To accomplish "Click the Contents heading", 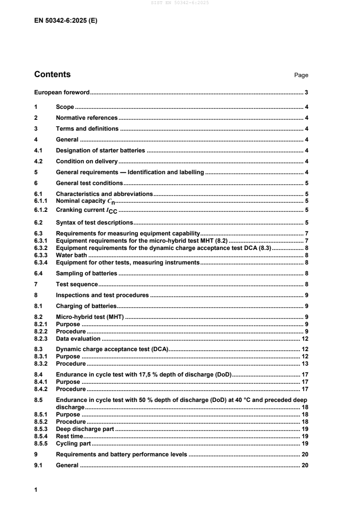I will coord(52,74).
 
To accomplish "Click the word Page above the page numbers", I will coord(301,75).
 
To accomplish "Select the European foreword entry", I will coord(62,93).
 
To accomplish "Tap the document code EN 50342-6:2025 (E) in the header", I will coord(65,20).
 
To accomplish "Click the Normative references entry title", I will coord(86,118).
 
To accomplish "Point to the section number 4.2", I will coord(39,161).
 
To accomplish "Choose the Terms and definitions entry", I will coord(87,129).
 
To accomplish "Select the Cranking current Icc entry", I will coord(87,210).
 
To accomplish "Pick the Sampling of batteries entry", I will coord(86,273).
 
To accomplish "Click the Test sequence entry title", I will coord(76,284).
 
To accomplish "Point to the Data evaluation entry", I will coord(78,338).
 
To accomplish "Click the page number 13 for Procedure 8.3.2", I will coord(305,364).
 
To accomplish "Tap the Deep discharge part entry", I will coord(84,429).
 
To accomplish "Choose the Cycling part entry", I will coord(73,443).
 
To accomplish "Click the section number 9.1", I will coord(39,465).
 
